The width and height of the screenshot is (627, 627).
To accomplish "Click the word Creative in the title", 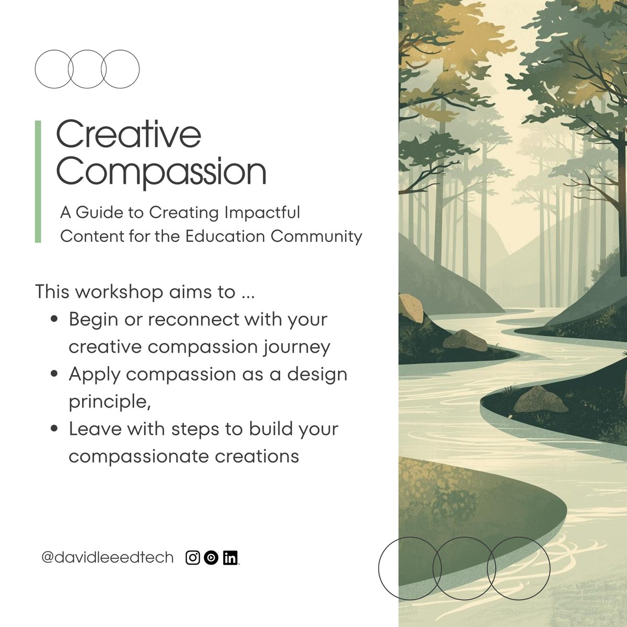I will (128, 135).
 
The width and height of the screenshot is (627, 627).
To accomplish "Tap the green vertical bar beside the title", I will (38, 181).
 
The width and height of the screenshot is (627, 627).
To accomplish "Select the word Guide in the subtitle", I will (110, 213).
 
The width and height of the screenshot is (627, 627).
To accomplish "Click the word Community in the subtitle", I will (316, 236).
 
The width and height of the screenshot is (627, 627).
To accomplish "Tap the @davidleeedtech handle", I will (107, 558).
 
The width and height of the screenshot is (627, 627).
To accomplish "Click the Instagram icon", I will (193, 558).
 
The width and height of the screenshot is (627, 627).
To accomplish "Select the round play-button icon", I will (211, 558).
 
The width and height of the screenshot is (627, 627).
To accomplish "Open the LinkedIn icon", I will (230, 558).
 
